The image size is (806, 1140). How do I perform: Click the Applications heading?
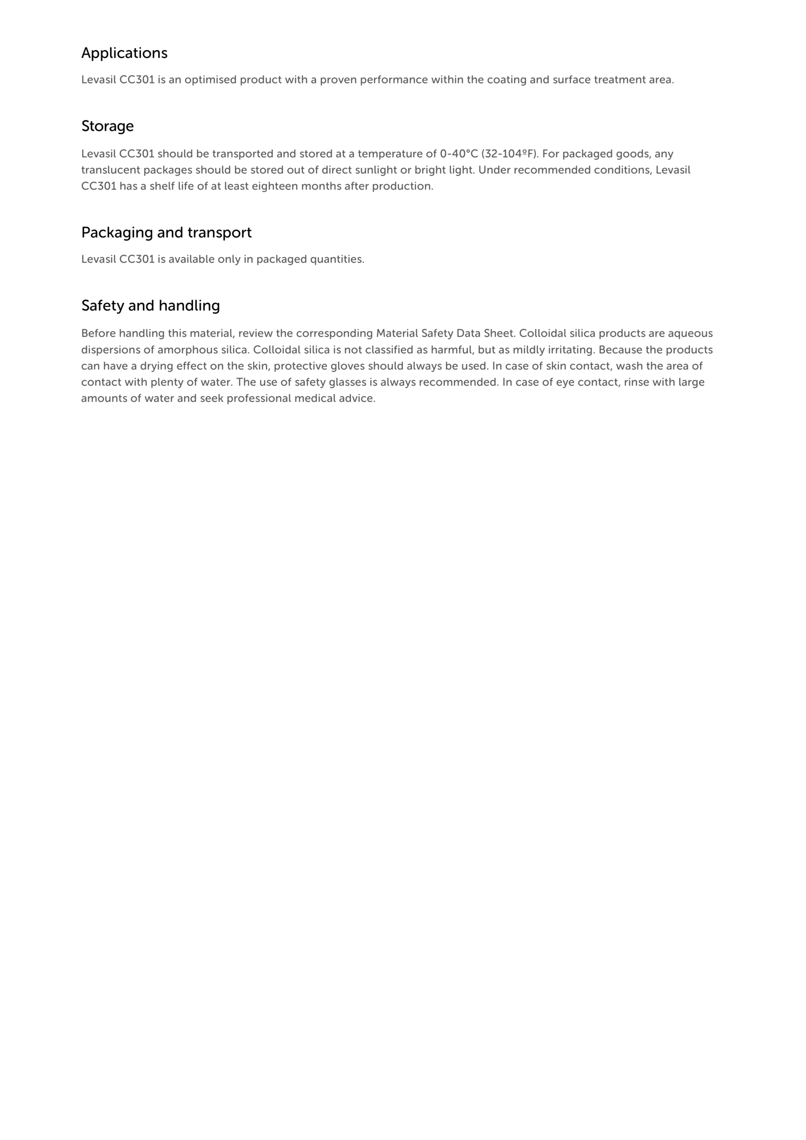pos(124,53)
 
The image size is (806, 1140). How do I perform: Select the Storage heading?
pos(107,126)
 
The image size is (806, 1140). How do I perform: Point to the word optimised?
pos(210,80)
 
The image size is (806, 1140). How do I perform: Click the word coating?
pos(506,80)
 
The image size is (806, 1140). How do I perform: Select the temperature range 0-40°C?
pos(459,154)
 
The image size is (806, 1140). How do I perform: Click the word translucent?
pos(110,170)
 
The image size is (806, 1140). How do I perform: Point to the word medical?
pos(314,399)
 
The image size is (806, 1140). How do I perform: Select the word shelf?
pos(162,186)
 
